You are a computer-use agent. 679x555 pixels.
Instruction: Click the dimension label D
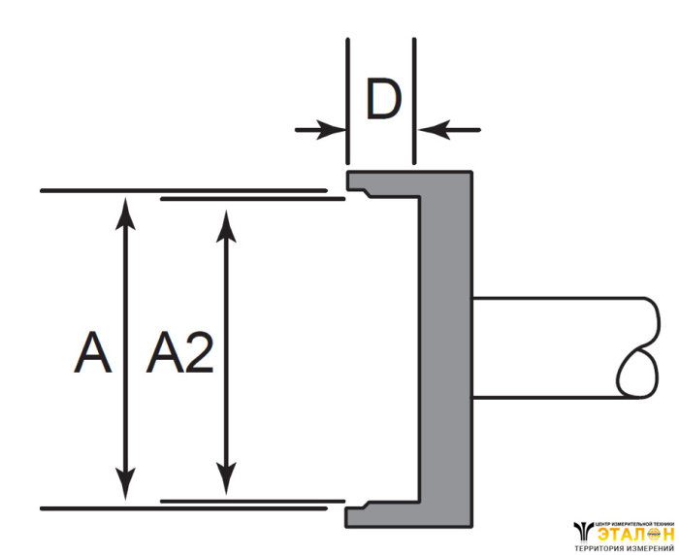click(x=382, y=102)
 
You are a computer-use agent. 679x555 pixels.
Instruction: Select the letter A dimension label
click(x=92, y=354)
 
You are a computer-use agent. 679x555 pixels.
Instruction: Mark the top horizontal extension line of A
click(x=175, y=190)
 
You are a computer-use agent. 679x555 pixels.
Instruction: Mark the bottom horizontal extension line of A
click(x=175, y=507)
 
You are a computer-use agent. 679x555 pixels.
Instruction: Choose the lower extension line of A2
click(x=252, y=501)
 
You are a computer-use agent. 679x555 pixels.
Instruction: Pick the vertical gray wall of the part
click(x=446, y=349)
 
